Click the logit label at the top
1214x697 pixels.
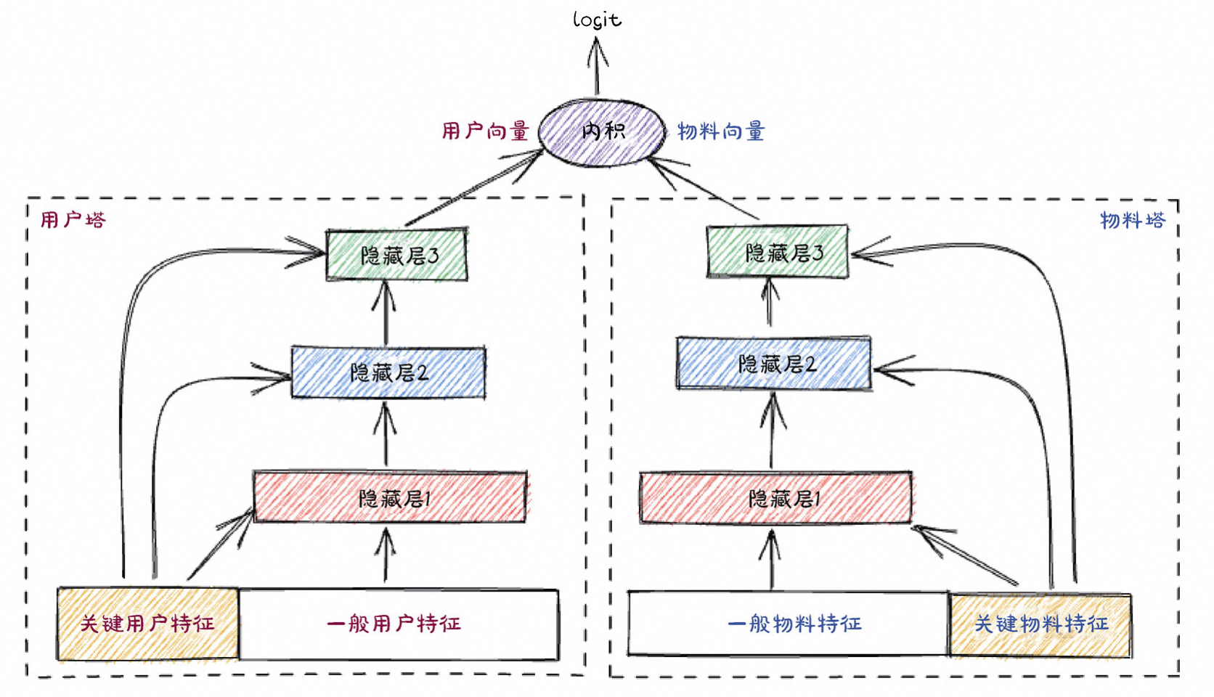(597, 20)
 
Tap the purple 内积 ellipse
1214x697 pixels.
(602, 132)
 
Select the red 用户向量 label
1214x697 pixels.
(485, 131)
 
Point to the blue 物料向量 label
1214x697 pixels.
(720, 131)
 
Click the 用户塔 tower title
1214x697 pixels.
(73, 220)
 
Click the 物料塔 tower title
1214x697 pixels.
(1132, 220)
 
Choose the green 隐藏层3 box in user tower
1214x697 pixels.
(396, 255)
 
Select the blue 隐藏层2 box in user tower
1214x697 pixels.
(388, 372)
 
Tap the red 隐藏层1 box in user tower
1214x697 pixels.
(390, 498)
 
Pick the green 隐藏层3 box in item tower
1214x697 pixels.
(778, 252)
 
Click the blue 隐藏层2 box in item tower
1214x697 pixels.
(774, 363)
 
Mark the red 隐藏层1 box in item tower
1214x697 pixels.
(775, 498)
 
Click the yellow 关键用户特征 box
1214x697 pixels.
(147, 624)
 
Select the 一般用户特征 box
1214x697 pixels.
(399, 624)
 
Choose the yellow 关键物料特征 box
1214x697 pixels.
(1040, 624)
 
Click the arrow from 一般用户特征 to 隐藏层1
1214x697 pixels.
(386, 555)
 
